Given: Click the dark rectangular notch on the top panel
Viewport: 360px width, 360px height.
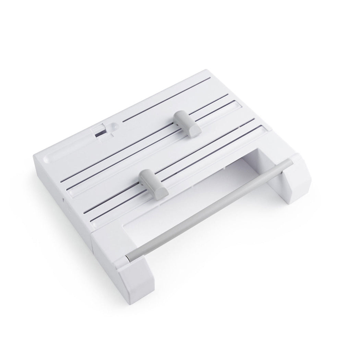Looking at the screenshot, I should (101, 132).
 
